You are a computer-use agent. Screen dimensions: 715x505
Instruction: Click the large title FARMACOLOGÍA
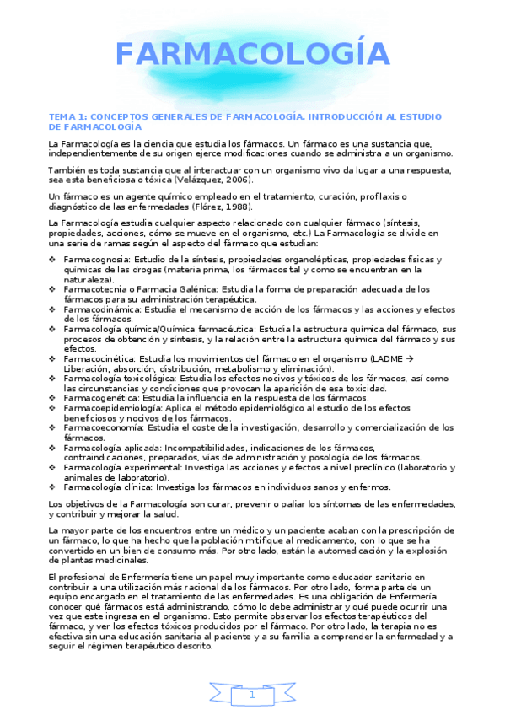click(x=253, y=56)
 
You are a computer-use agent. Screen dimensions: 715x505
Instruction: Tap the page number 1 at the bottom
click(x=252, y=695)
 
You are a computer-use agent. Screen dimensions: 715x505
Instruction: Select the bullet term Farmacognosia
click(x=95, y=260)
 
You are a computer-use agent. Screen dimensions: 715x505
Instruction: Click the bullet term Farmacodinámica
click(x=99, y=309)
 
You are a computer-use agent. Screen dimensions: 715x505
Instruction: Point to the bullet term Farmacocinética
click(x=98, y=358)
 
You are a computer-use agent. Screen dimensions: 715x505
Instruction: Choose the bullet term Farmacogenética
click(x=99, y=398)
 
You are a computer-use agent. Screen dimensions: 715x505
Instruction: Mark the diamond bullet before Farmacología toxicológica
click(x=54, y=379)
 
